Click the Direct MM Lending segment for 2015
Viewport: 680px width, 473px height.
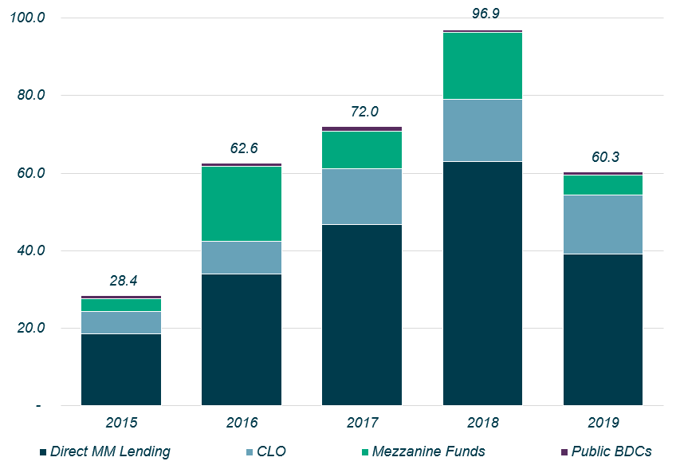(x=121, y=369)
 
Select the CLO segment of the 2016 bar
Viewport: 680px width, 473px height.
(x=242, y=258)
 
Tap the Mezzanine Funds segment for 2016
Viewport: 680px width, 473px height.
(x=242, y=203)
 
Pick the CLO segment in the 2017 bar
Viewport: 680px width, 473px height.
(x=362, y=196)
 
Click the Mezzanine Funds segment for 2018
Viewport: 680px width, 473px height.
(x=482, y=65)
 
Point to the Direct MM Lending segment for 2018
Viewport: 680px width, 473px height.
(x=482, y=283)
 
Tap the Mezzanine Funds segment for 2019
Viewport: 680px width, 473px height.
(x=603, y=185)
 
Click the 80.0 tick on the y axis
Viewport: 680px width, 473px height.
(x=29, y=95)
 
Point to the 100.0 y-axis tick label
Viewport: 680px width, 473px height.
(x=26, y=18)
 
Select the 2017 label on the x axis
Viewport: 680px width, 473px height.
(x=362, y=422)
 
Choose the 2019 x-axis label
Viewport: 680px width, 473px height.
(x=603, y=422)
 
